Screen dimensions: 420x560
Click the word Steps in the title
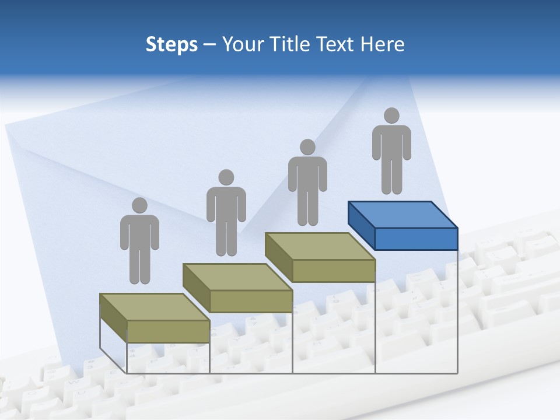click(171, 44)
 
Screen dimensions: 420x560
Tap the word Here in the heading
click(382, 44)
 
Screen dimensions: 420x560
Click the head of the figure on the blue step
click(391, 116)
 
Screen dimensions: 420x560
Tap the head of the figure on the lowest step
click(139, 205)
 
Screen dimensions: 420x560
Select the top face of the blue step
click(402, 215)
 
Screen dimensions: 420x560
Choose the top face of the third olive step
click(320, 246)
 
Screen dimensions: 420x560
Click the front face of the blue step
click(416, 239)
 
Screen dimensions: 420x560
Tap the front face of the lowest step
click(168, 331)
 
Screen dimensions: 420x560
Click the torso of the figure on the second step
click(226, 204)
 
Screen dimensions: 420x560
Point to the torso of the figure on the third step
click(307, 174)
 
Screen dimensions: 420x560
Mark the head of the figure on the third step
click(307, 147)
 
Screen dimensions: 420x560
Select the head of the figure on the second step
click(226, 177)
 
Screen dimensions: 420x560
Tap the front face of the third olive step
click(334, 271)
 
